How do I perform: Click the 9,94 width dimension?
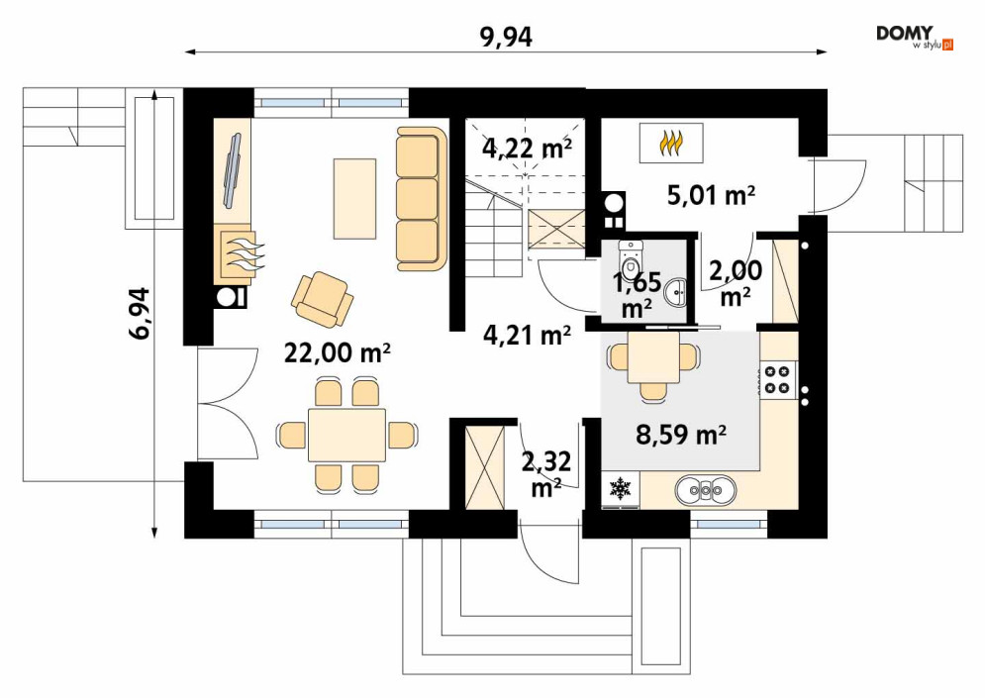pos(506,37)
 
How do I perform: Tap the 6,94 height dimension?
pos(140,314)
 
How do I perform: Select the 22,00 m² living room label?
pos(338,353)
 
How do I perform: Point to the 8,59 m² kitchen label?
pos(682,434)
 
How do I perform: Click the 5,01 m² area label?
pos(711,195)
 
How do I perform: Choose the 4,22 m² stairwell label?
pos(527,149)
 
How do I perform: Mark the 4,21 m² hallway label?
pos(527,335)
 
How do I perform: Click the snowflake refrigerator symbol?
pos(621,488)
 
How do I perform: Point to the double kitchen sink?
pos(706,489)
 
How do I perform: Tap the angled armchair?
pos(322,299)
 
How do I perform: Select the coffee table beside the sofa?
pos(355,199)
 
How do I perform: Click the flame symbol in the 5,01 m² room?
pos(671,144)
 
